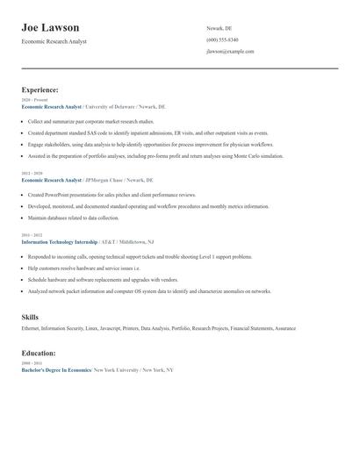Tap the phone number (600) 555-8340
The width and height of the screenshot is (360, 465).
pyautogui.click(x=222, y=40)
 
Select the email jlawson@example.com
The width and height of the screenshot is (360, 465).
pyautogui.click(x=230, y=52)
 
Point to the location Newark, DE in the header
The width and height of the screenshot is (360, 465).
pyautogui.click(x=220, y=28)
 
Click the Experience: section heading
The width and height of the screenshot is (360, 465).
pyautogui.click(x=40, y=89)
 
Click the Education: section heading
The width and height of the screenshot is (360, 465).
pyautogui.click(x=39, y=353)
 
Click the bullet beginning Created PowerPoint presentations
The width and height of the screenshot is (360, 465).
pyautogui.click(x=114, y=195)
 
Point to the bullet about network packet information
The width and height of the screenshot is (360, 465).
pyautogui.click(x=149, y=290)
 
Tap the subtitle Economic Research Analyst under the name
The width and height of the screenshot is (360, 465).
pyautogui.click(x=54, y=41)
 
